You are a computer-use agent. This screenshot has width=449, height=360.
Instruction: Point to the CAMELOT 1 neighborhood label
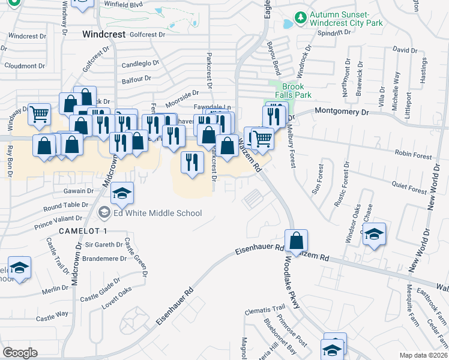(83, 231)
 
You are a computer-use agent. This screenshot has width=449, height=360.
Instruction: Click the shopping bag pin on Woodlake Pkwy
(297, 241)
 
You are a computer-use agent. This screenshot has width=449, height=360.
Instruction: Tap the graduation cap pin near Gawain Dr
(122, 194)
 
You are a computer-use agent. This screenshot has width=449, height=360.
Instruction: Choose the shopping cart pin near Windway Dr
(39, 113)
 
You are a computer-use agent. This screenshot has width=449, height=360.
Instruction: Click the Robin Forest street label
(413, 156)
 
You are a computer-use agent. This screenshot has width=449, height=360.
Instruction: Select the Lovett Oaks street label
(115, 292)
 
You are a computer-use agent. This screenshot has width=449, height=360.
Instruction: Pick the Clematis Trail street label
(265, 312)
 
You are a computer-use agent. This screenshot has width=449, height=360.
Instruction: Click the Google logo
(20, 352)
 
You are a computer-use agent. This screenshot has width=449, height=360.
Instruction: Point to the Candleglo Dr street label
(140, 62)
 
